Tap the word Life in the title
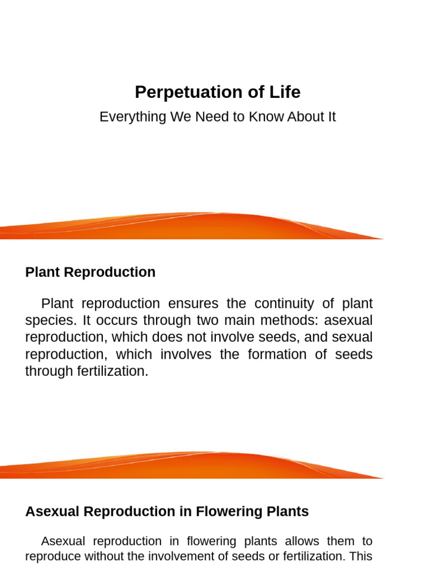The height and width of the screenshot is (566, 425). click(x=285, y=92)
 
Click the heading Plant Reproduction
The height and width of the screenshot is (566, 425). click(x=90, y=272)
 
